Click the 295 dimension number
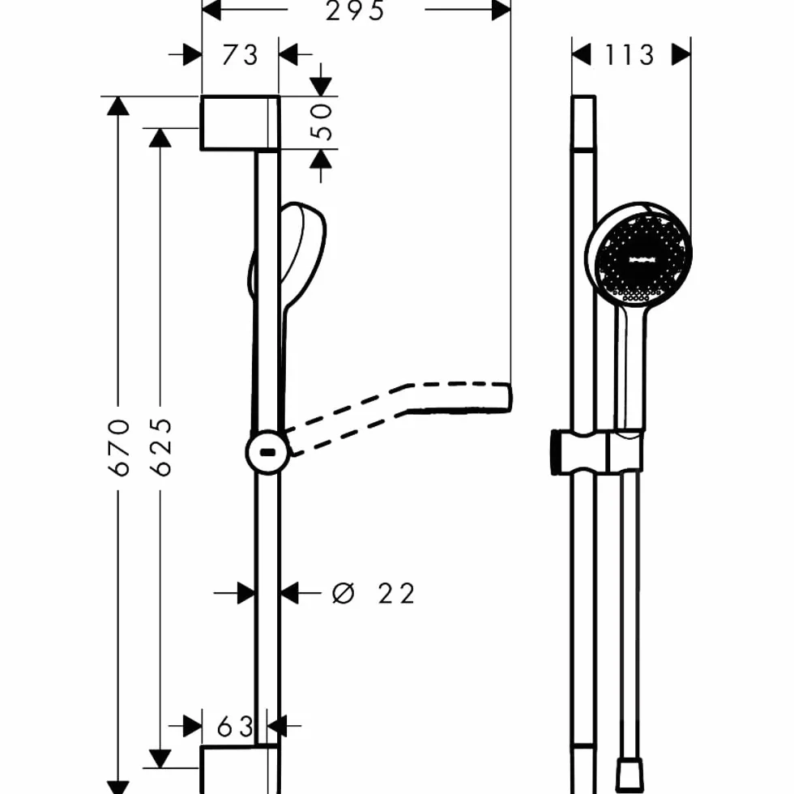click(x=355, y=11)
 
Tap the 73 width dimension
click(x=240, y=55)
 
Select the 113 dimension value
click(x=630, y=55)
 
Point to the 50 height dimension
click(x=322, y=122)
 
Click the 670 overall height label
click(x=119, y=447)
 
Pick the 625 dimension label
click(x=161, y=447)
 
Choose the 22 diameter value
click(x=396, y=593)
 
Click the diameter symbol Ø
click(x=343, y=593)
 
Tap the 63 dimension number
click(x=235, y=727)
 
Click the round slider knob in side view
click(x=267, y=452)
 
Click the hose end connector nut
click(x=630, y=775)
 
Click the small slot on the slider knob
click(x=267, y=452)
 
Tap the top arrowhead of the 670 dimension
click(x=118, y=105)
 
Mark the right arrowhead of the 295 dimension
click(x=502, y=10)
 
